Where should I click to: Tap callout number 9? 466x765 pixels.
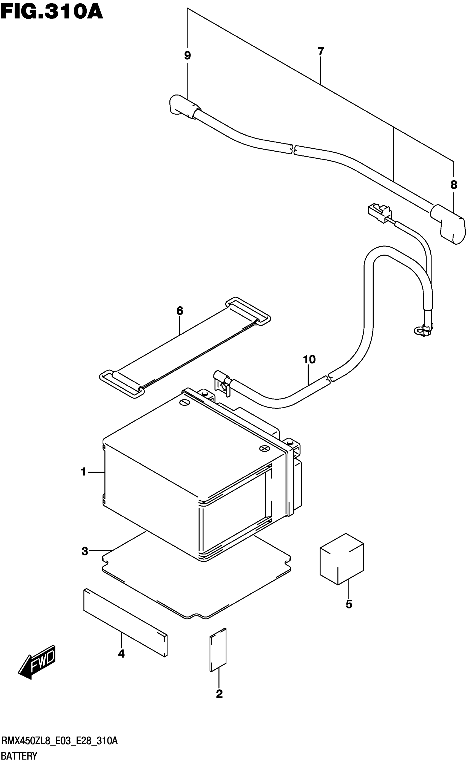tap(187, 56)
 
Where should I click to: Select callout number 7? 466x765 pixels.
tap(321, 51)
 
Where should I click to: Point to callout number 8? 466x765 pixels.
tap(454, 185)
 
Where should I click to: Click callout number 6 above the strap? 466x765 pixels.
tap(180, 311)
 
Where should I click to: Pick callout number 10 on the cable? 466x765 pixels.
tap(309, 360)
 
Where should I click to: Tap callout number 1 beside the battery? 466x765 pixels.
tap(83, 472)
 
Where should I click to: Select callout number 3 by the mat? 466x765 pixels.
tap(84, 552)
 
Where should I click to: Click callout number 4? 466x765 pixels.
tap(121, 654)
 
